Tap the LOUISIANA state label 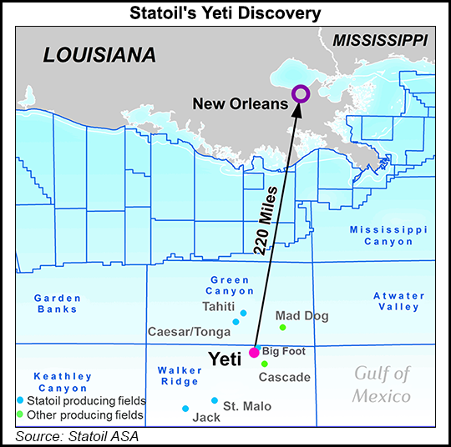99,55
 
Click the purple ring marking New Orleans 300,94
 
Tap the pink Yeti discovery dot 255,353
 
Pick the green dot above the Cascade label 265,364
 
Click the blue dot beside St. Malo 215,400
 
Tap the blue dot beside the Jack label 185,409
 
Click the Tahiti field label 219,306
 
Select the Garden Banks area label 58,304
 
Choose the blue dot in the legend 20,400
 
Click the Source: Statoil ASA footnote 77,435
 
